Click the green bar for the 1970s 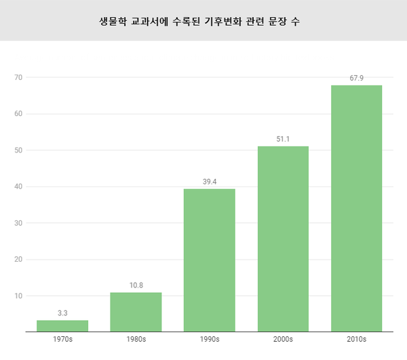[62, 326]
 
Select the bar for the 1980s [136, 313]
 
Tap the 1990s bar [210, 260]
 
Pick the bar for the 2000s [283, 239]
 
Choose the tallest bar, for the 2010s [356, 208]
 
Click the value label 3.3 [62, 313]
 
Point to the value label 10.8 [136, 285]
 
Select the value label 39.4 [210, 182]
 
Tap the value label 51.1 [283, 139]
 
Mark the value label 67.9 [356, 79]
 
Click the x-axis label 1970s [62, 339]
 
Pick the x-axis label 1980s [136, 339]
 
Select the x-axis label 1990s [210, 339]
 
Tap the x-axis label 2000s [283, 339]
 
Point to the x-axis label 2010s [356, 339]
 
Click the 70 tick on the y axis [19, 77]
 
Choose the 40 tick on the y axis [19, 186]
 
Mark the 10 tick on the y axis [19, 296]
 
